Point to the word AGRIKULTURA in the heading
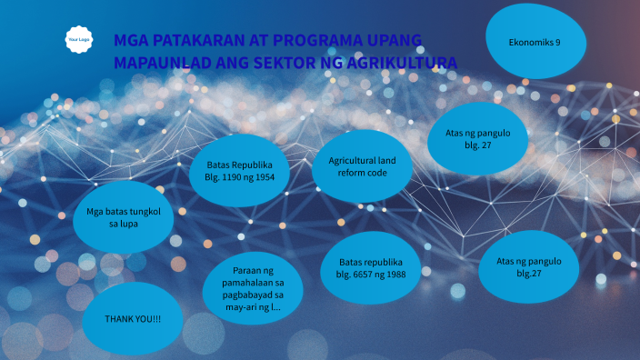point(407,63)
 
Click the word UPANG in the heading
point(393,41)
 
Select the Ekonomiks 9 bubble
point(535,43)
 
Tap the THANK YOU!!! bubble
point(133,319)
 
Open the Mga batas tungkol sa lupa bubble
point(124,216)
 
